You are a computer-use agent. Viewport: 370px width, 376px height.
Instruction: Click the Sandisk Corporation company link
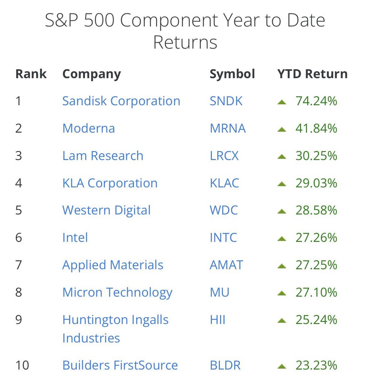click(121, 101)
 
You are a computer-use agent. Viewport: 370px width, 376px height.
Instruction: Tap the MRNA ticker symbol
click(228, 128)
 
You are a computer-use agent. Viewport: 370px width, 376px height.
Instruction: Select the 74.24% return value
click(316, 101)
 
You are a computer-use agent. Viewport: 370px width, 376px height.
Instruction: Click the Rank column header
click(31, 74)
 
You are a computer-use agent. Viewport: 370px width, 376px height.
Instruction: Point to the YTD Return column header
click(312, 74)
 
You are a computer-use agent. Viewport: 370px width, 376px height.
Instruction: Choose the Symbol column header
click(232, 74)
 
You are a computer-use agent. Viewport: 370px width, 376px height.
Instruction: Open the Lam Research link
click(103, 156)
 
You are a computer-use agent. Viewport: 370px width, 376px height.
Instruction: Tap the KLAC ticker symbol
click(224, 183)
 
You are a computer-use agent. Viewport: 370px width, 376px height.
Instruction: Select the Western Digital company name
click(106, 210)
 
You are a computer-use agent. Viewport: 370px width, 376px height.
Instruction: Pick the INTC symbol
click(223, 238)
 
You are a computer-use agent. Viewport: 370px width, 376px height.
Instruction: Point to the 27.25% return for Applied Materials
click(316, 265)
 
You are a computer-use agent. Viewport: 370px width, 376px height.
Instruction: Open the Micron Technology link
click(117, 292)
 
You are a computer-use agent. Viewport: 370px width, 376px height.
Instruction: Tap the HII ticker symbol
click(218, 320)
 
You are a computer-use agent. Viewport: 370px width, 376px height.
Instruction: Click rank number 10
click(22, 365)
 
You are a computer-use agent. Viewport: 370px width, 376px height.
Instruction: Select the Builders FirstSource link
click(120, 365)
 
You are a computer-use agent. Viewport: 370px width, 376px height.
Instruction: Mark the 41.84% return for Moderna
click(316, 128)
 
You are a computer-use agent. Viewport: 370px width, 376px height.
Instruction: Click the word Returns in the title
click(185, 43)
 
